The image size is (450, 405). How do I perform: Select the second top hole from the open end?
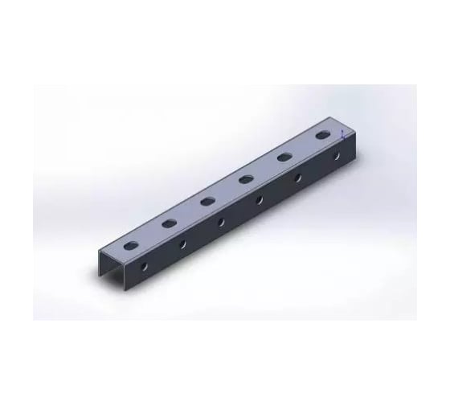[x=170, y=222]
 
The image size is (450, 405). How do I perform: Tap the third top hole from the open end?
[x=207, y=201]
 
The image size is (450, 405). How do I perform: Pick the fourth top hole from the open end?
[x=246, y=179]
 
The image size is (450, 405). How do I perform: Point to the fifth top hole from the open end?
[x=284, y=157]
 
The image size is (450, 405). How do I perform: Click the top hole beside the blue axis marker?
[x=325, y=136]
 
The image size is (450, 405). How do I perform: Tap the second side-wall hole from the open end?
[x=183, y=242]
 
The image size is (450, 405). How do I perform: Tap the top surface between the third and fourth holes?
[x=227, y=190]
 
